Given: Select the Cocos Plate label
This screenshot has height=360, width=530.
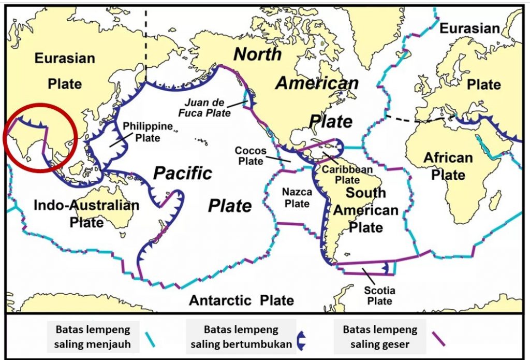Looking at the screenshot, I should tap(251, 155).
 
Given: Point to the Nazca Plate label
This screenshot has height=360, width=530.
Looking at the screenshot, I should tap(297, 198).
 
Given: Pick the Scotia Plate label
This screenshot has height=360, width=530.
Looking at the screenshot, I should tap(378, 296).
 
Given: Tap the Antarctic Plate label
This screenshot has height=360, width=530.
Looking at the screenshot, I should tap(241, 300).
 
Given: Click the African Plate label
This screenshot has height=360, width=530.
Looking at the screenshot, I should tap(448, 166).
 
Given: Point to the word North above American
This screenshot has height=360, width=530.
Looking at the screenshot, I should tap(257, 54).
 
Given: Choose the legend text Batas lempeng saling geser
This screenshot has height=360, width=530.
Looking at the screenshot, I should tap(380, 337).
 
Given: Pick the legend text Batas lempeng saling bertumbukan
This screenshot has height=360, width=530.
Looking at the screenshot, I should tap(241, 337).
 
